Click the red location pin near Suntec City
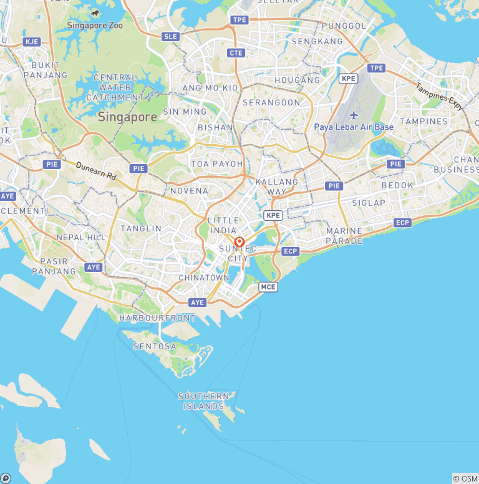coord(239,243)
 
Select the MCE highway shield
coord(268,287)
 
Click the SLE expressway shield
coord(170,37)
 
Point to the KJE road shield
coord(31,42)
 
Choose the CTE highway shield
coord(236,53)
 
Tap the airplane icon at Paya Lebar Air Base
coord(354,115)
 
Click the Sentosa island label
coord(155,346)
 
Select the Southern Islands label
coord(204,401)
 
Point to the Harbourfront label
coord(157,318)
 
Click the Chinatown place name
coord(204,277)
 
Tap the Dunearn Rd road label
coord(96,171)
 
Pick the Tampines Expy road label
coord(440,97)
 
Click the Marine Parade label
coord(344,236)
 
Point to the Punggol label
coord(344,26)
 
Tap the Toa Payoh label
coord(217,164)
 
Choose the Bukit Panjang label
coord(46,70)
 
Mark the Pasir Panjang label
coord(53,266)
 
